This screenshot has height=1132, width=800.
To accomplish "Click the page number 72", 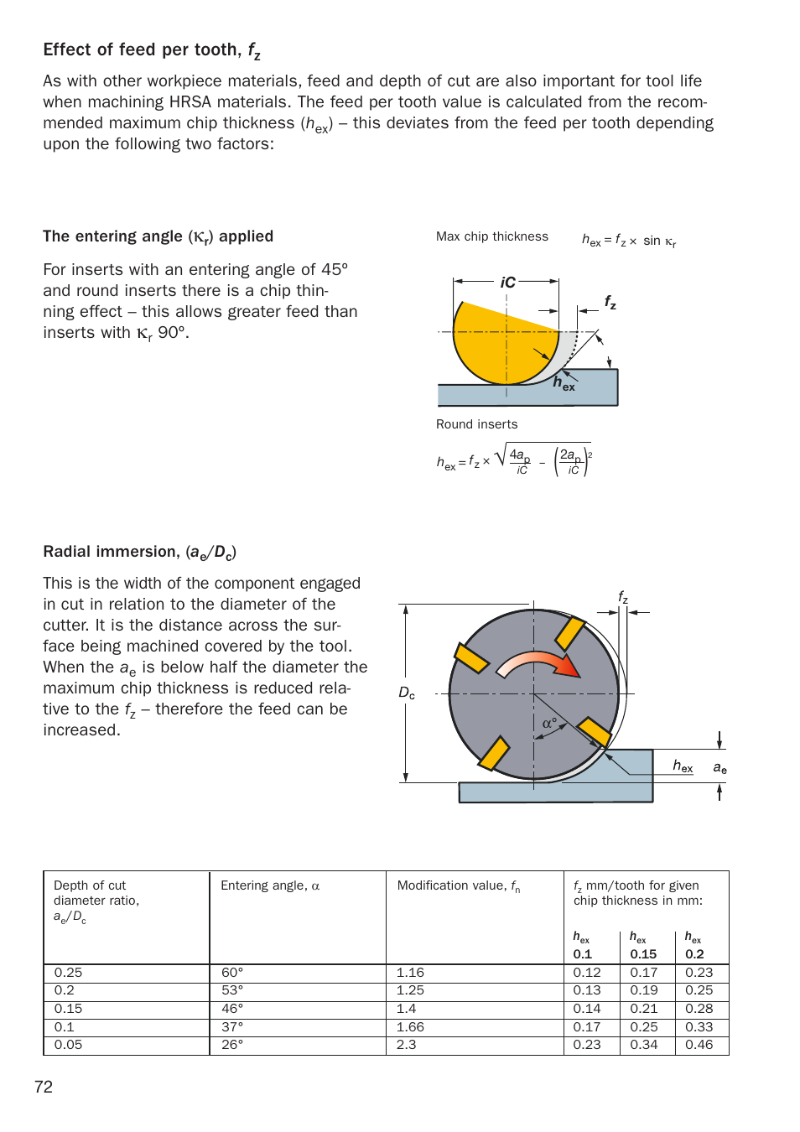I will [x=44, y=1087].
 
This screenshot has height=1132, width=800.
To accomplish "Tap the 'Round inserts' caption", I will [x=476, y=424].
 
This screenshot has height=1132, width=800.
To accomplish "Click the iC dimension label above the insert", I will [x=507, y=283].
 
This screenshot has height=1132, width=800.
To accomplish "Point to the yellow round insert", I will [x=495, y=344].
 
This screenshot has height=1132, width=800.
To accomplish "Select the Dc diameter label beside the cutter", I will [x=407, y=693].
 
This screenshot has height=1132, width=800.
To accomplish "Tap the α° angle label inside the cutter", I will [x=549, y=723].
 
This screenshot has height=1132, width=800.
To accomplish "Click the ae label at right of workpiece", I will [x=719, y=767].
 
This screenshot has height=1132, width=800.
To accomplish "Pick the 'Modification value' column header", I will [x=458, y=886].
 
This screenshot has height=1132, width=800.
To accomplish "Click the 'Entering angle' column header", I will [x=269, y=885].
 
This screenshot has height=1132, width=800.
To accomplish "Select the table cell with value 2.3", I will [x=406, y=1045].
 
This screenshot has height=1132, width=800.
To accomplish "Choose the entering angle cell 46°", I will [x=232, y=1009].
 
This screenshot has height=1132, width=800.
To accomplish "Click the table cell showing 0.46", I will [x=699, y=1045].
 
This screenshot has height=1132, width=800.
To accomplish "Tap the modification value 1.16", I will [x=410, y=973].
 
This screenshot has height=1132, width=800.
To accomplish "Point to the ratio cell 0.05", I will [x=68, y=1045].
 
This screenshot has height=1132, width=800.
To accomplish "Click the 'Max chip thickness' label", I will [x=491, y=236].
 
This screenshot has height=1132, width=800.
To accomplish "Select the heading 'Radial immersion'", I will [x=139, y=552].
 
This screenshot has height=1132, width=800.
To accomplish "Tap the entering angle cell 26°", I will [x=232, y=1045].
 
